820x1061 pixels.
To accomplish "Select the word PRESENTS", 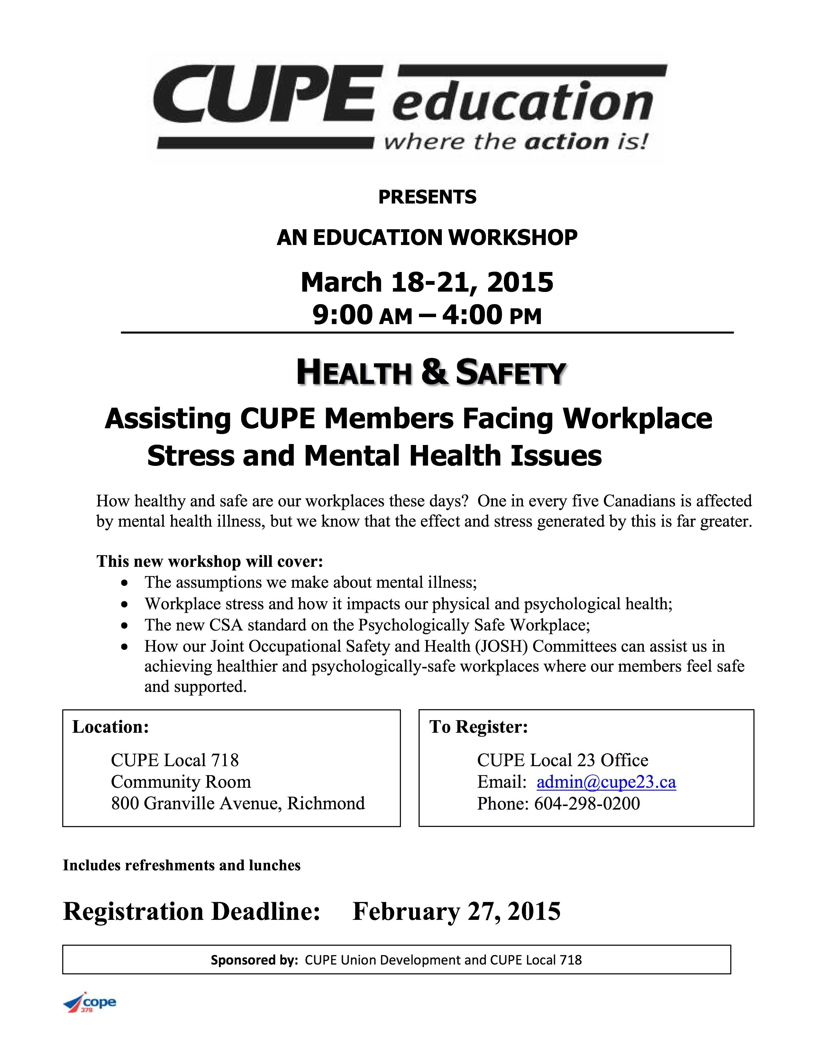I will tap(427, 197).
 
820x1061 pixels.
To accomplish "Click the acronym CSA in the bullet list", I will tap(226, 625).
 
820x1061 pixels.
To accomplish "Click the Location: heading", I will tap(110, 727).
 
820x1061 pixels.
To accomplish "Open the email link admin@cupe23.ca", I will tap(606, 782).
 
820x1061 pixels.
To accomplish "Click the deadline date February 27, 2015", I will tap(456, 911).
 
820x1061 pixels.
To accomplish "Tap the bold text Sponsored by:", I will tap(254, 960).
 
